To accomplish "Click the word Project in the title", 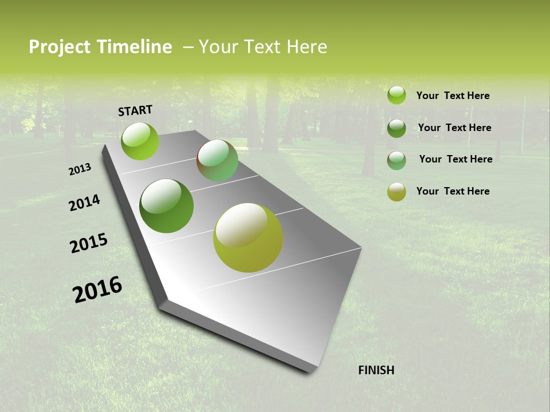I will click(58, 47).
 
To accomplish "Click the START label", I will click(135, 110).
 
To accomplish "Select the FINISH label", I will click(376, 370).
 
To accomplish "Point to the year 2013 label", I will click(80, 169).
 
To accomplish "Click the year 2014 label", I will click(84, 203).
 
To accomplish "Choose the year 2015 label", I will click(89, 243).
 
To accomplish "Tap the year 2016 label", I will click(97, 289).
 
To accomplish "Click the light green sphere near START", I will click(140, 141).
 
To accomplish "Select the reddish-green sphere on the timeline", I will click(217, 161).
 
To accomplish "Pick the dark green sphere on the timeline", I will click(166, 206).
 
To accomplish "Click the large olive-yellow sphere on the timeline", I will click(247, 237).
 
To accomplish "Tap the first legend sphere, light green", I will click(396, 95).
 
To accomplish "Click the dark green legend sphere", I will click(396, 128).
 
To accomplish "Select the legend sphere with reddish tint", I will click(396, 160).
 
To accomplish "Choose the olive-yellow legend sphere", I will click(396, 192).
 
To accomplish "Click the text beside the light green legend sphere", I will click(453, 96).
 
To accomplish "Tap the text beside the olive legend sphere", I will click(453, 191).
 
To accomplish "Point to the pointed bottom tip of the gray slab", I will click(312, 369).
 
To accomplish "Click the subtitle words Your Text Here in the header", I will click(263, 47).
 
